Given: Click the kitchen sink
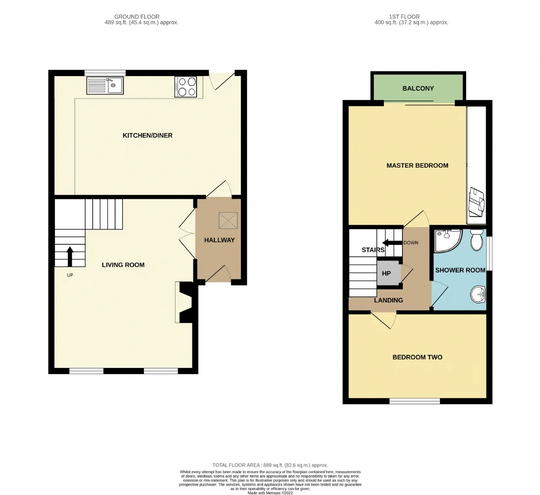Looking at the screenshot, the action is coord(105,85).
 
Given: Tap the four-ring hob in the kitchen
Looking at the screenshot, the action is coord(186,87).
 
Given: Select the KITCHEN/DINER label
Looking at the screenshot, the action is coord(148,135).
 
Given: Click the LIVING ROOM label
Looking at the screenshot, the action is coord(123,265).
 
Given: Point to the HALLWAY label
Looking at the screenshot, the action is coord(219,240).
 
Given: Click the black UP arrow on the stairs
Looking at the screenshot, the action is coord(70,256).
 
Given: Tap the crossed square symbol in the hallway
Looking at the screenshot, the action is coord(228,220).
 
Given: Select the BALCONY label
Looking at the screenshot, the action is coord(418,88).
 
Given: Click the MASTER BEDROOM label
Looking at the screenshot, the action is coord(417,166).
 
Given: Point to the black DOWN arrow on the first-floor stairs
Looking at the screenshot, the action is coord(392,243).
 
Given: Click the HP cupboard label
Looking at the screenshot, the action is coord(386,273).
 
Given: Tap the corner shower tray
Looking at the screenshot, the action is coord(447,240).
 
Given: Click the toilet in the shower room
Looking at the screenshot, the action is coord(476,239).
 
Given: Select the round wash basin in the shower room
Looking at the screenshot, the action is coord(478,294).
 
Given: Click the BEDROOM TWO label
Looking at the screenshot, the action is coord(417,357).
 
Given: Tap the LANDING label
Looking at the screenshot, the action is coord(389,300).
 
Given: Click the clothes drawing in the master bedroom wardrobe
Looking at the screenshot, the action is coord(476,202).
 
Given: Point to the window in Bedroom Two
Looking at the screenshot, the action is coord(415,401).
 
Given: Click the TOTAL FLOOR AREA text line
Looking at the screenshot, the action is coord(270,465).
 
